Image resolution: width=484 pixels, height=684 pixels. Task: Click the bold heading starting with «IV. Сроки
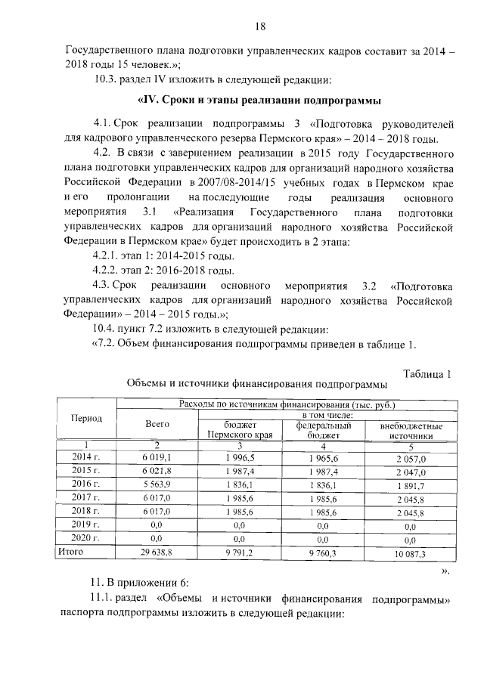coord(258,100)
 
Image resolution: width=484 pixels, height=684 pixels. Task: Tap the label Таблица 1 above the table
coord(427,373)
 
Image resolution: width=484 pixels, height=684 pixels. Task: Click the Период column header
coord(87,418)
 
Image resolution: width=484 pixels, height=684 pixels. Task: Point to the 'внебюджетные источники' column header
coord(411,431)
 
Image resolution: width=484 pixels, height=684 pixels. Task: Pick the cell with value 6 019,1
coord(157,457)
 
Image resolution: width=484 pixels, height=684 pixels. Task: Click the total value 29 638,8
coord(157,553)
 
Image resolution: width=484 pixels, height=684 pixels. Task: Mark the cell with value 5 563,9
coord(157,484)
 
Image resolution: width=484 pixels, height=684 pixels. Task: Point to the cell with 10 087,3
coord(411,554)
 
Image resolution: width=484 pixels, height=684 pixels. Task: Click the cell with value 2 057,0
coord(411,458)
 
